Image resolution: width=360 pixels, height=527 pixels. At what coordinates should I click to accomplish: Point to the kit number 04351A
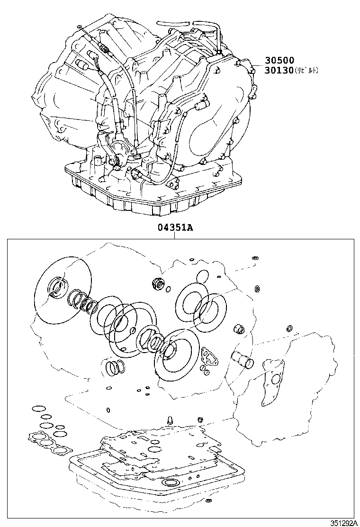[x=175, y=227]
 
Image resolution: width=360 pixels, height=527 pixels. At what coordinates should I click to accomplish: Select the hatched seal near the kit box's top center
[x=157, y=284]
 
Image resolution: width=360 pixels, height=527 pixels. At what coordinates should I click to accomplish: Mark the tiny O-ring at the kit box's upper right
[x=255, y=258]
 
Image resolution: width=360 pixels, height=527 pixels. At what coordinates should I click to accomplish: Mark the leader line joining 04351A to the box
[x=175, y=236]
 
